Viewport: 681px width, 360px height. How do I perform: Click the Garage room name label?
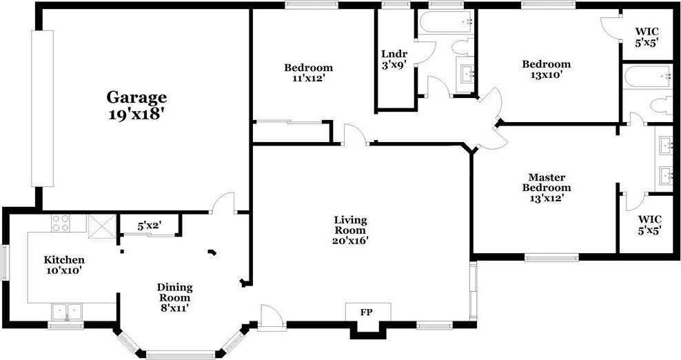point(136,97)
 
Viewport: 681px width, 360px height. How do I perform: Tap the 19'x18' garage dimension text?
point(136,114)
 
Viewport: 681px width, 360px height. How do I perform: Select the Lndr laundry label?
point(394,54)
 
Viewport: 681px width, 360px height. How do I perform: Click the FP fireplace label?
point(367,312)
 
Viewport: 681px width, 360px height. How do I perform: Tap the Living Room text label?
point(351,225)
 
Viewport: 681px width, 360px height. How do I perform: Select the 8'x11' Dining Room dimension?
point(174,308)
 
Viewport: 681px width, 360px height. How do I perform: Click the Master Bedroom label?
point(546,182)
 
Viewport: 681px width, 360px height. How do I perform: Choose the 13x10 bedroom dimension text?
point(546,75)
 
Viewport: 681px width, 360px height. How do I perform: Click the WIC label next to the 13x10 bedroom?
point(646,31)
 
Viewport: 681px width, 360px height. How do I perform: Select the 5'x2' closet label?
point(149,226)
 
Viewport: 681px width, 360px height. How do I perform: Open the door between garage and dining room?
point(223,204)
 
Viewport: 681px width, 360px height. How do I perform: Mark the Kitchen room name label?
point(64,260)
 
